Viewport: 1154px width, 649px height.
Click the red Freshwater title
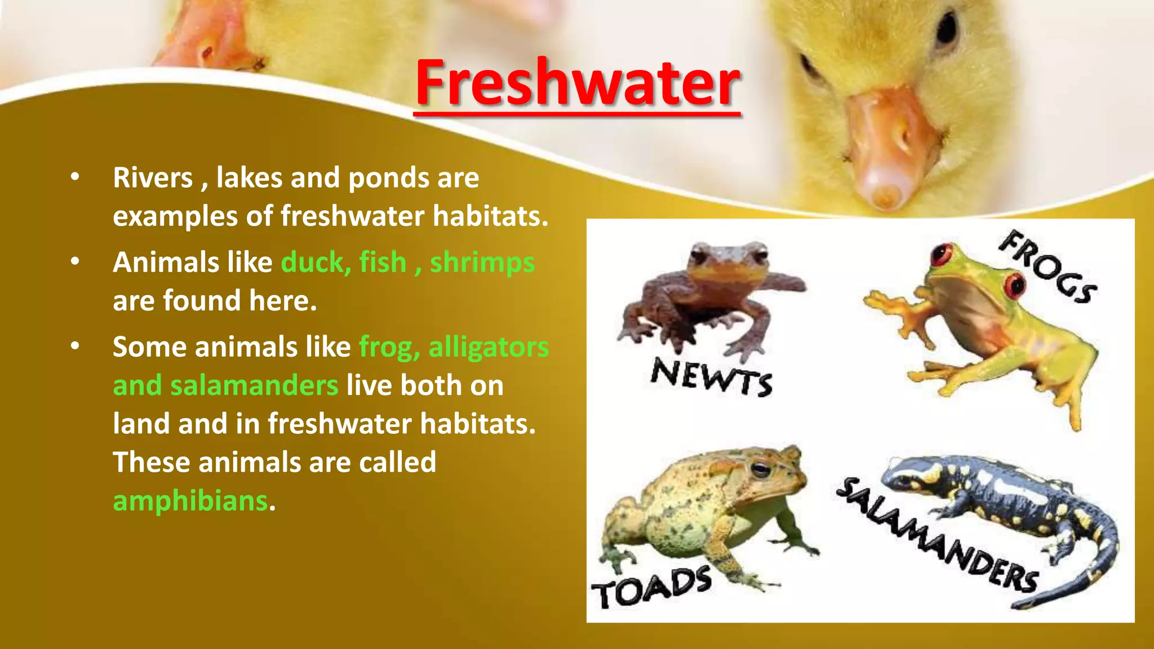coord(577,83)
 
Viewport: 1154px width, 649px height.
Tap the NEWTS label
coord(711,377)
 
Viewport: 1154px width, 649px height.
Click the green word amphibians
coord(190,501)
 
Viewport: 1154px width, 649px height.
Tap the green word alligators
coord(489,347)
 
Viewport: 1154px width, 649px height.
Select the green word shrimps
coord(482,263)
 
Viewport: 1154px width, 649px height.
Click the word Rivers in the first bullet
coord(153,178)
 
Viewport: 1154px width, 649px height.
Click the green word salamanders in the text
coord(254,386)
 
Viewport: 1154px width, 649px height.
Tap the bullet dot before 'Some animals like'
coord(75,346)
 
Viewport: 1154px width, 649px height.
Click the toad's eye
coord(760,469)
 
